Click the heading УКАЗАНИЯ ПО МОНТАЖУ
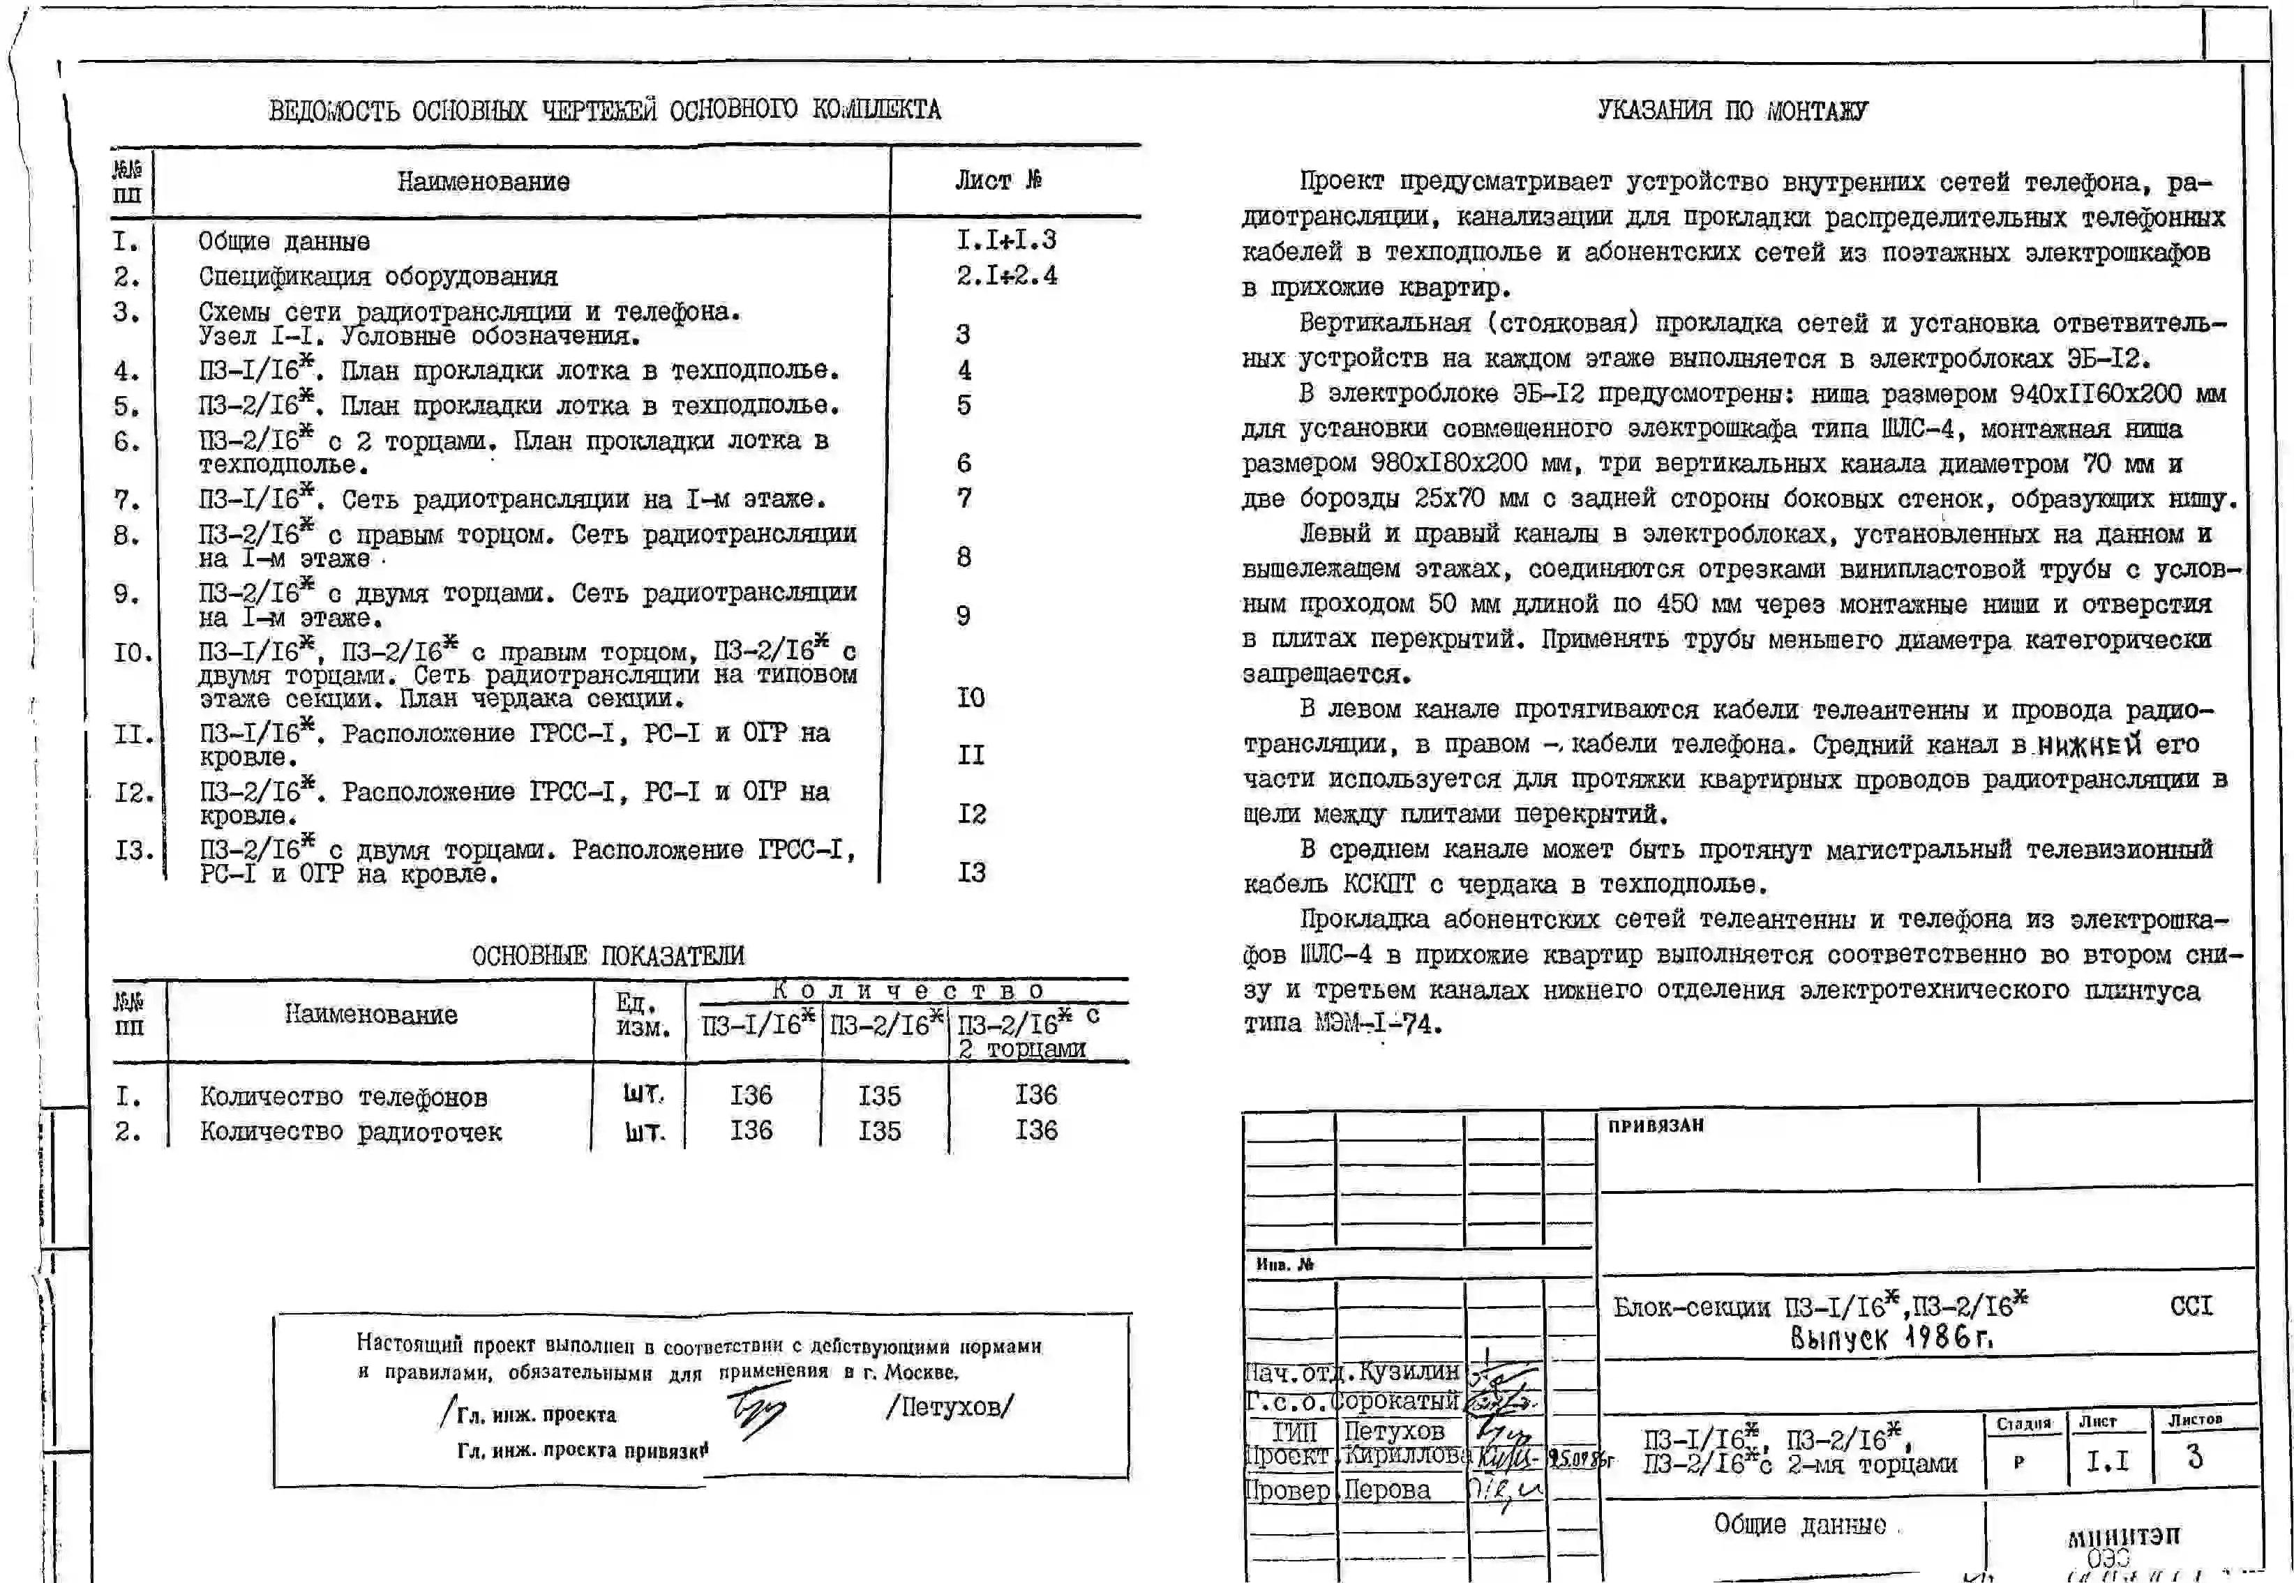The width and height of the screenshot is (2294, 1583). [1732, 110]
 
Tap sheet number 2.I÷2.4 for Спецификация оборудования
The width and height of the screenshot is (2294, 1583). [1006, 275]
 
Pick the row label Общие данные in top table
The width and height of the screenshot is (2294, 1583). [284, 242]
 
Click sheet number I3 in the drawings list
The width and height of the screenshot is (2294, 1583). [970, 873]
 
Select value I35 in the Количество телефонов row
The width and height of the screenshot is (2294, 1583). [879, 1096]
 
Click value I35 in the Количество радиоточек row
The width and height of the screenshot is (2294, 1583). [879, 1130]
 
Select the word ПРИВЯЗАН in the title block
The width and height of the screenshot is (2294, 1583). [1655, 1126]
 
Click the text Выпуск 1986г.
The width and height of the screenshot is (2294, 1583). [1891, 1339]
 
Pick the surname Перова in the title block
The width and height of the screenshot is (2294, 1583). [1386, 1490]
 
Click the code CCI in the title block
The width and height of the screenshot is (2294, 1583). [2191, 1305]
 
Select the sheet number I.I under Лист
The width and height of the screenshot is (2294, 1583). [2106, 1461]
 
